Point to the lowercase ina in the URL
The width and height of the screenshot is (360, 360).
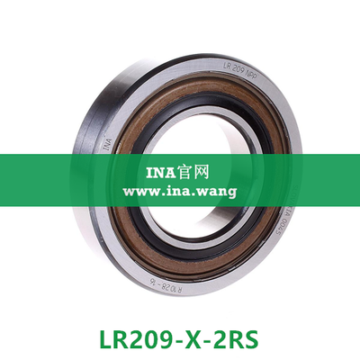[x=177, y=191]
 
